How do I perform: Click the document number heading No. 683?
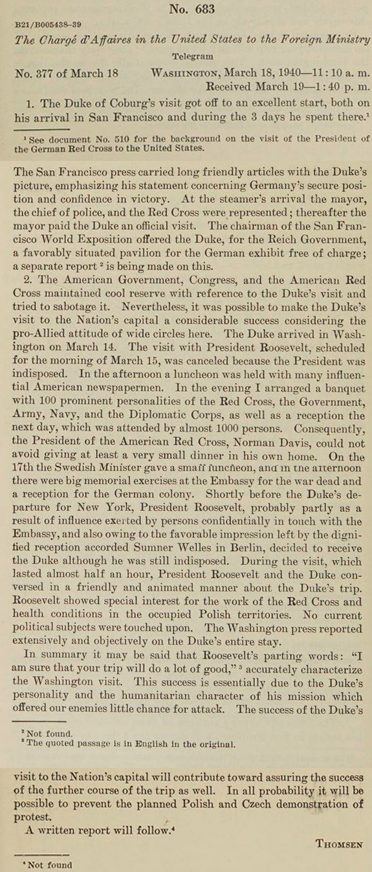[x=191, y=9]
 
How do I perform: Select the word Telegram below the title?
[x=191, y=56]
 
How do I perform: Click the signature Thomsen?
[x=339, y=843]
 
